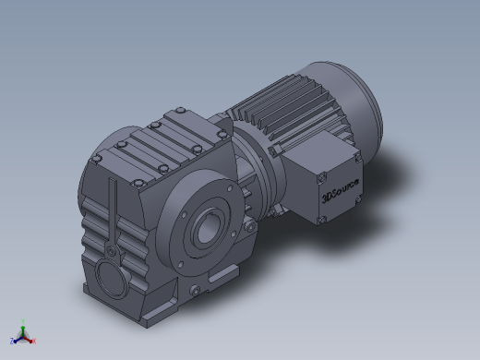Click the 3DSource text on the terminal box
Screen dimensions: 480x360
click(340, 191)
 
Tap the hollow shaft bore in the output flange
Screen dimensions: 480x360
click(207, 228)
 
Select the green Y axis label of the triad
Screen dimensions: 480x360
click(23, 321)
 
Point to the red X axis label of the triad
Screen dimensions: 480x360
click(34, 341)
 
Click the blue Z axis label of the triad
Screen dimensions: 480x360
click(12, 341)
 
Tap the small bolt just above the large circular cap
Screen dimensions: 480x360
click(111, 251)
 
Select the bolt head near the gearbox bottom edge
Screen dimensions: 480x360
click(195, 290)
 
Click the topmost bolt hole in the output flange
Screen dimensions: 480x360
click(230, 188)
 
